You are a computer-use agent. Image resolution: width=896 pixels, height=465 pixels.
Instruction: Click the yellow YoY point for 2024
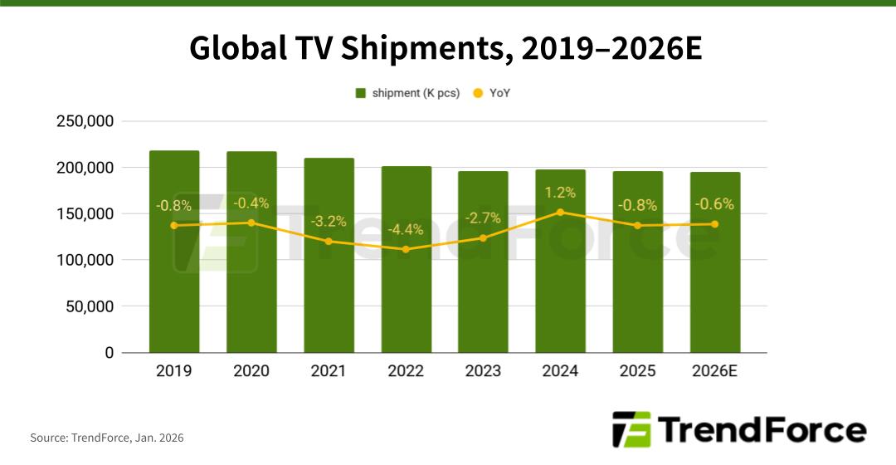561,212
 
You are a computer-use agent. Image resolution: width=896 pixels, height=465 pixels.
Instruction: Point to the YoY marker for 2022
406,249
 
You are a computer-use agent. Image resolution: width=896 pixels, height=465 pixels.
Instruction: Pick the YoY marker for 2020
251,223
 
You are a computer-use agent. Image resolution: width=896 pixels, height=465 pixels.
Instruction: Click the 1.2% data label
561,193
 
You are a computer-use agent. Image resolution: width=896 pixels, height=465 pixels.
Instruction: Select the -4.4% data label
406,230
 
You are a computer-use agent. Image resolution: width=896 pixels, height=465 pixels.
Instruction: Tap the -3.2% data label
329,222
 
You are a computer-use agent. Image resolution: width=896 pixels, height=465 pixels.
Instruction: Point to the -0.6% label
715,204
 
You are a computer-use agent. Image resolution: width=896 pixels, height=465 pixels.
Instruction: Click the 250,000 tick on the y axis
85,121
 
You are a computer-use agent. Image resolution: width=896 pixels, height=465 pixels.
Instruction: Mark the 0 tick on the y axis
109,353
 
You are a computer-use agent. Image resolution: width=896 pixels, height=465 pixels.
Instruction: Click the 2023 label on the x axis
483,370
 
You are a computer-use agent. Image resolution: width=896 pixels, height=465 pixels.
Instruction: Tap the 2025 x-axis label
638,370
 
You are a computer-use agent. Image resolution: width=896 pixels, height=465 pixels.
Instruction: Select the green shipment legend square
360,93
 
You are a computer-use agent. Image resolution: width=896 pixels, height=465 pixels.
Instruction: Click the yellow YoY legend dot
477,93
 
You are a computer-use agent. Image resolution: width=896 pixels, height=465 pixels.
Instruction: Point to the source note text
107,438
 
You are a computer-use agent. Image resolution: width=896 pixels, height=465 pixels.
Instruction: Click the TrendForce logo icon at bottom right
631,429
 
